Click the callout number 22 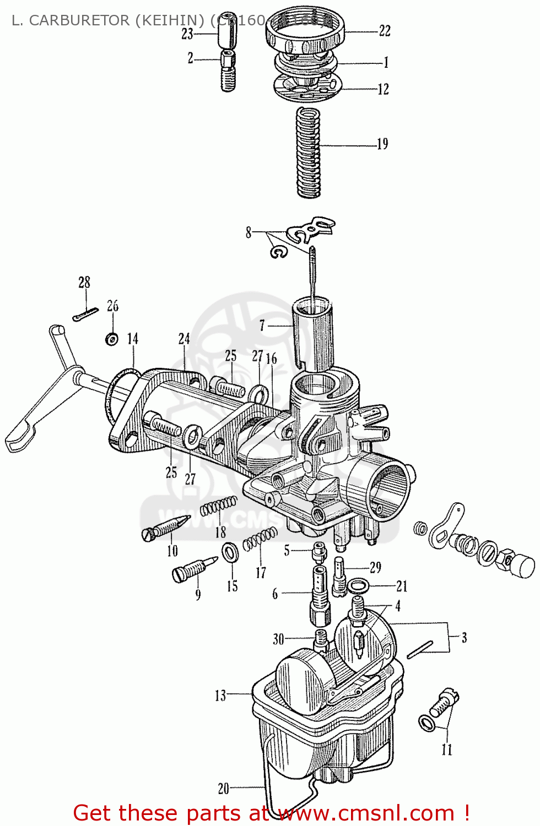[385, 31]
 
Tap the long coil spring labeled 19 [308, 152]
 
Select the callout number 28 [84, 282]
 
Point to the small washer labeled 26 [112, 339]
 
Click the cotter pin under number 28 [85, 314]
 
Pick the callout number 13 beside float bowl [220, 695]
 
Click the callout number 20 [223, 789]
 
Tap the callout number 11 [446, 749]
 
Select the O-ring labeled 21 [357, 586]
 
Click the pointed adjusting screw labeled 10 [165, 528]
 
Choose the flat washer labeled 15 [230, 552]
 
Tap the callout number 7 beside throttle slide [262, 325]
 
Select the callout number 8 [249, 232]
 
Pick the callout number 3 [464, 638]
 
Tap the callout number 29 [375, 567]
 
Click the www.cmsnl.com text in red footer [366, 813]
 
